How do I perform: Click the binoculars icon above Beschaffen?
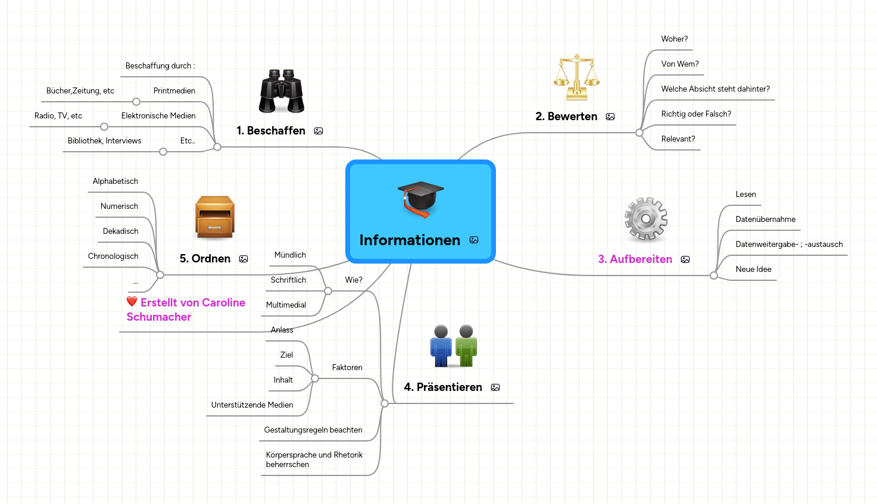point(282,91)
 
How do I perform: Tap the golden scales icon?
point(576,77)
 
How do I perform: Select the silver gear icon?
point(646,219)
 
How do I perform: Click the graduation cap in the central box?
point(421,199)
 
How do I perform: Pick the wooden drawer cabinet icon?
point(215,217)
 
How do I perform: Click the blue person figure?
point(441,346)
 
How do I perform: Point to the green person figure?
point(466,346)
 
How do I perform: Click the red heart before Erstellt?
point(132,302)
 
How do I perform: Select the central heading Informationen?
point(410,240)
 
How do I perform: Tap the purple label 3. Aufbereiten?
point(635,259)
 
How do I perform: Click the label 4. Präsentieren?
point(443,387)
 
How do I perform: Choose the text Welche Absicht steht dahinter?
point(715,89)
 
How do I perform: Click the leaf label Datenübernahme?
point(765,219)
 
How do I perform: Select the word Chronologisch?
point(113,256)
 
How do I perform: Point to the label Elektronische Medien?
point(158,115)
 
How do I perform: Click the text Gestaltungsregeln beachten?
point(313,430)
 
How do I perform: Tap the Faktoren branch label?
point(347,367)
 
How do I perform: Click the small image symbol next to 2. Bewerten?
point(610,117)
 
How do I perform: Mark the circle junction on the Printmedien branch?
point(136,102)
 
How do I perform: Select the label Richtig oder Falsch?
point(696,114)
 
